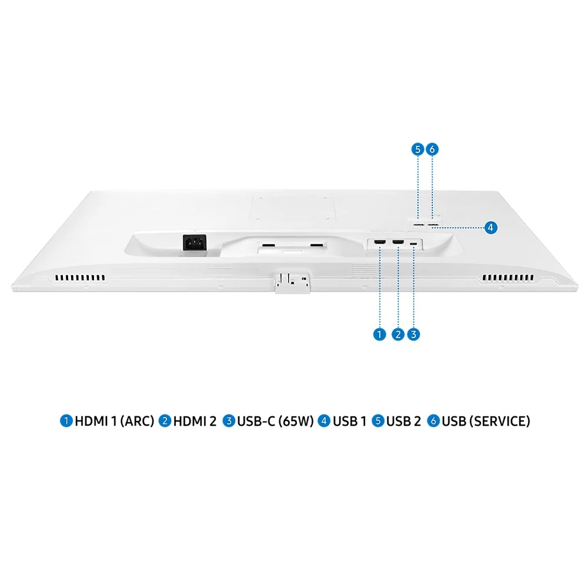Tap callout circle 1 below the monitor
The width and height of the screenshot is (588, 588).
pyautogui.click(x=379, y=335)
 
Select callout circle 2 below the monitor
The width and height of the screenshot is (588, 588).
pyautogui.click(x=398, y=335)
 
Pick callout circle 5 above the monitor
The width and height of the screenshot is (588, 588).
pyautogui.click(x=417, y=149)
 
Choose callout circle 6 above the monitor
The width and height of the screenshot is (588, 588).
pyautogui.click(x=432, y=149)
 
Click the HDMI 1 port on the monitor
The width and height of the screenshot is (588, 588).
pyautogui.click(x=380, y=243)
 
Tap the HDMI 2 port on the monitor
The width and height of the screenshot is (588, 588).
pyautogui.click(x=398, y=243)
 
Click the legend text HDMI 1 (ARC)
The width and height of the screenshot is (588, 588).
pyautogui.click(x=114, y=421)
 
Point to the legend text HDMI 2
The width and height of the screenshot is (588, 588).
pyautogui.click(x=195, y=421)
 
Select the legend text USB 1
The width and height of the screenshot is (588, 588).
pyautogui.click(x=349, y=421)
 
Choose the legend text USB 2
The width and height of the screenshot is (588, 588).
pyautogui.click(x=403, y=421)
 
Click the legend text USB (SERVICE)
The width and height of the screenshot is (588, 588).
pyautogui.click(x=486, y=421)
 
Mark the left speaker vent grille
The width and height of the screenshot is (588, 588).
pyautogui.click(x=81, y=278)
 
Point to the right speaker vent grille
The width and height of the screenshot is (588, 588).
pyautogui.click(x=507, y=278)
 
